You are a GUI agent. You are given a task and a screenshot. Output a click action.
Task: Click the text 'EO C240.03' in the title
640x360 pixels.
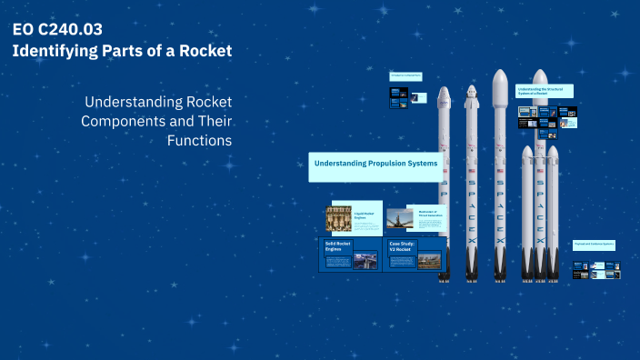[x=51, y=29]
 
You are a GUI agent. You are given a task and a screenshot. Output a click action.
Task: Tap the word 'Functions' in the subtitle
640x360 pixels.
[x=200, y=141]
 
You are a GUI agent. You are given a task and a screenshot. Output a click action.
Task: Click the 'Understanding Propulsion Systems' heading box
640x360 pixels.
[x=375, y=164]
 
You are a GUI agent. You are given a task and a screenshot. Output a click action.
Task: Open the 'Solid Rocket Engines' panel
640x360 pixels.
[x=350, y=255]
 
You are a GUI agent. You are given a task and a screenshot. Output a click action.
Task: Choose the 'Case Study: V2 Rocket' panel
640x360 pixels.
[x=414, y=255]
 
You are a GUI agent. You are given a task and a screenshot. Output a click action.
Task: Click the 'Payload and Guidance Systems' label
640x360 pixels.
[x=595, y=245]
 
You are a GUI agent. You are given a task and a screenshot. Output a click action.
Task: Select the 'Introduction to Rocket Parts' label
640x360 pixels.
[x=405, y=76]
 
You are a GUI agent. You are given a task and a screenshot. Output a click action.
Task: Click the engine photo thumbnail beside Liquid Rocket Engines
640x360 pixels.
[x=339, y=218]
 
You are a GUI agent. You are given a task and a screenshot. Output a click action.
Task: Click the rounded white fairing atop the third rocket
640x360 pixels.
[x=499, y=86]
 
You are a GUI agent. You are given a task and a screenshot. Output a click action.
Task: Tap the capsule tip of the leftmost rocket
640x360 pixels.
[x=444, y=95]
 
